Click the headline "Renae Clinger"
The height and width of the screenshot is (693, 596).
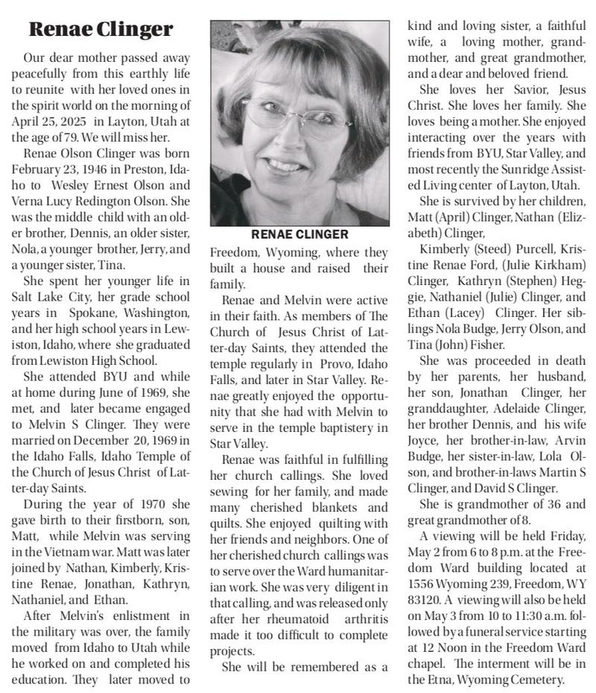101,30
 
